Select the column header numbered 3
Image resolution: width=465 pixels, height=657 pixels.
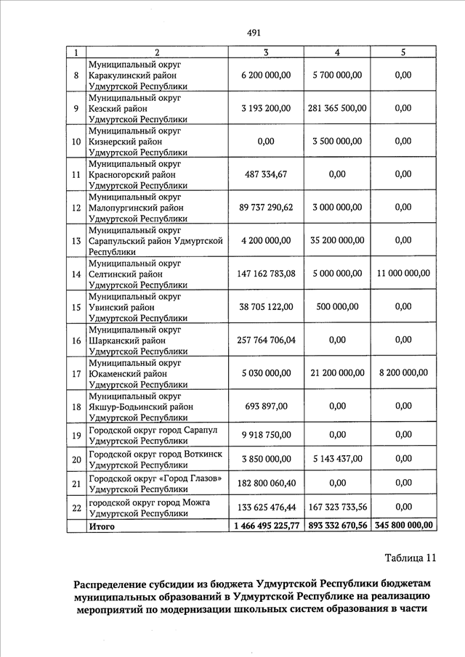point(265,52)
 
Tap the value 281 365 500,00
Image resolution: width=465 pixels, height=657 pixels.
point(337,108)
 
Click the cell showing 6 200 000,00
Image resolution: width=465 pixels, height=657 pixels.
point(265,75)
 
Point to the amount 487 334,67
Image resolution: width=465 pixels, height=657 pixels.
point(265,174)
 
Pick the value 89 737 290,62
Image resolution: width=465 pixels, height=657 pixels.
point(265,208)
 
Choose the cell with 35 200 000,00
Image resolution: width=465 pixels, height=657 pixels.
point(337,240)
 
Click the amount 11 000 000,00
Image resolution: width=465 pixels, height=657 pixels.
point(403,274)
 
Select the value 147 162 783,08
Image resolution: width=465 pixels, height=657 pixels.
point(265,274)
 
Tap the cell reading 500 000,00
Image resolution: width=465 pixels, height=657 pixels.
point(337,307)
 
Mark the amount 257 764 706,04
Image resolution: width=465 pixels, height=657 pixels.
point(265,340)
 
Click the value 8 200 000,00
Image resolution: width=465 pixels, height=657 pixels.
point(403,373)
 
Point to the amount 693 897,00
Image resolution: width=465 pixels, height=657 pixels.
point(265,407)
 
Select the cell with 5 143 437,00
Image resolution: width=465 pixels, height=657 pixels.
point(337,460)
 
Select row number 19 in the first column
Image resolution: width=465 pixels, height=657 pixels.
point(76,436)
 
